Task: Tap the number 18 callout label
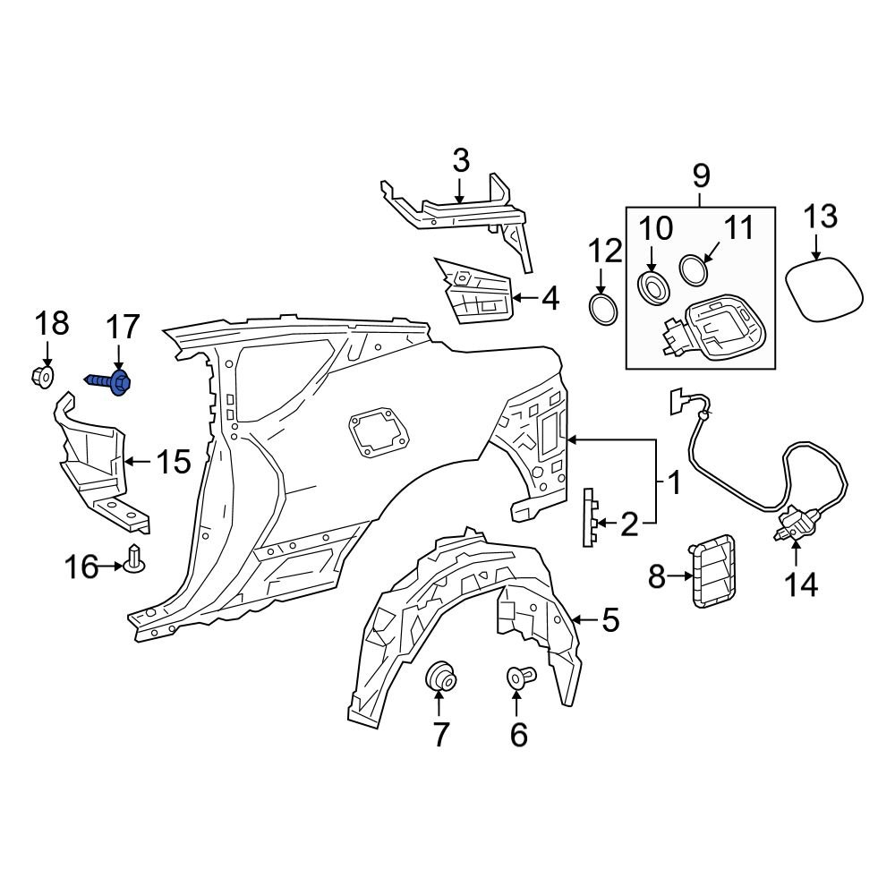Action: (x=53, y=324)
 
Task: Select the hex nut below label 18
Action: (x=41, y=378)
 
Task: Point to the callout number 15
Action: (x=174, y=462)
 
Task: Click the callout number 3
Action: (x=460, y=162)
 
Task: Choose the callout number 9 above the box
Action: (x=700, y=174)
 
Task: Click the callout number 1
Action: (x=674, y=484)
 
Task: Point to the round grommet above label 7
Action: (x=440, y=676)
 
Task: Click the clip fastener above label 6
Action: (x=519, y=678)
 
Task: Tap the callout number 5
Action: (x=609, y=618)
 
